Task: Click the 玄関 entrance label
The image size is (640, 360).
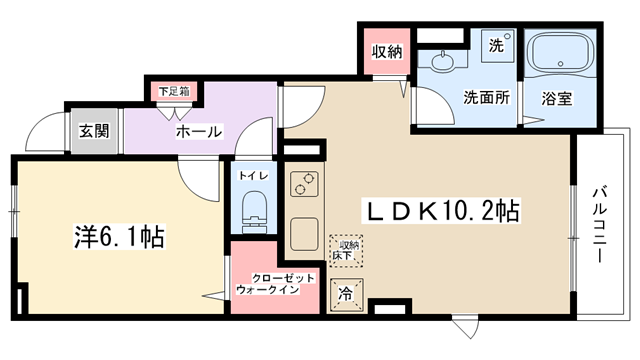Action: (x=94, y=131)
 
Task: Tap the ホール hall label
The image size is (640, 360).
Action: (x=199, y=131)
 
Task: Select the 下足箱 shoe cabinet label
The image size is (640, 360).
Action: (x=174, y=91)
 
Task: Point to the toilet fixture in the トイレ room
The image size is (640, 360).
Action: (x=254, y=209)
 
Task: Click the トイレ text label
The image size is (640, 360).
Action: (x=254, y=176)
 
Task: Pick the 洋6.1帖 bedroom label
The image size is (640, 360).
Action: (x=119, y=237)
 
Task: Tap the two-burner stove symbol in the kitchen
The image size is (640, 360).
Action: (x=304, y=184)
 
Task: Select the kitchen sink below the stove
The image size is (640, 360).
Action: (x=304, y=234)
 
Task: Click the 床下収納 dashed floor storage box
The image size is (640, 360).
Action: (x=346, y=251)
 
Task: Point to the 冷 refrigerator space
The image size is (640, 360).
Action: (x=346, y=293)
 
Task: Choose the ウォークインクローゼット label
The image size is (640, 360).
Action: (x=276, y=284)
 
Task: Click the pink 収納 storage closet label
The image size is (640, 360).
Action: (x=387, y=51)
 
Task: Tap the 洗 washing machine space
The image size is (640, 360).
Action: (x=497, y=46)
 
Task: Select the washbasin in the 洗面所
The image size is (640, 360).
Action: (x=442, y=62)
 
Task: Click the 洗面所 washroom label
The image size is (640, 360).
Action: (x=486, y=98)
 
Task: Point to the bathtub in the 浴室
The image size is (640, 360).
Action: (x=560, y=53)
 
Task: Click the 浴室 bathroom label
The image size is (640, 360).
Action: (x=557, y=98)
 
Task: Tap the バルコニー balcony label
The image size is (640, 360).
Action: (x=599, y=224)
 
